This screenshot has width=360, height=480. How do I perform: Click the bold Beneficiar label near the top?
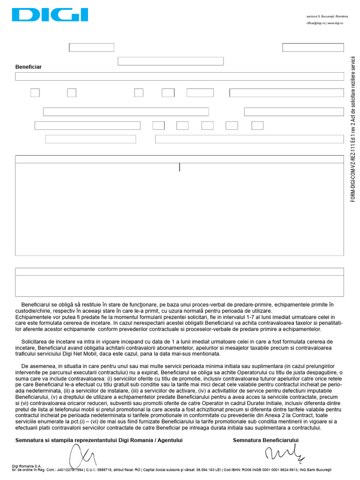coord(28,67)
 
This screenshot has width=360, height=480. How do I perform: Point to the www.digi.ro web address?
coord(335,23)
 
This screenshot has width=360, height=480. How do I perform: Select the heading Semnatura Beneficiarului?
coord(265,440)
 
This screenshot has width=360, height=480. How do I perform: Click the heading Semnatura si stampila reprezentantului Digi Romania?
coord(99,440)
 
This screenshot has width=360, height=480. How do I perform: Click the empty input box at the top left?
coord(91,47)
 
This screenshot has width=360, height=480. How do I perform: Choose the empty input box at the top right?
coord(313,47)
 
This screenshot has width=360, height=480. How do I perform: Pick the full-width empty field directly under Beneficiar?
coord(179,76)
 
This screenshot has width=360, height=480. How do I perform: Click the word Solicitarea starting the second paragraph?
coord(37,341)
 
